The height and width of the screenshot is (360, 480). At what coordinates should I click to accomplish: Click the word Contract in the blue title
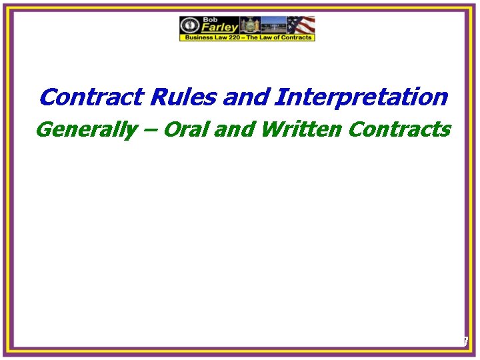pyautogui.click(x=92, y=97)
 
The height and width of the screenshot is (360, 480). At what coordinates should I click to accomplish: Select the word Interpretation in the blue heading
pyautogui.click(x=361, y=97)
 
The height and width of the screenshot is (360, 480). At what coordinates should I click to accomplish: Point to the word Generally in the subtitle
pyautogui.click(x=84, y=129)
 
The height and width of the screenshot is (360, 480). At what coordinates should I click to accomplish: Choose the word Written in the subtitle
pyautogui.click(x=299, y=129)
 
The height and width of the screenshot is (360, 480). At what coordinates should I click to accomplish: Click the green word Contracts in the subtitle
pyautogui.click(x=399, y=129)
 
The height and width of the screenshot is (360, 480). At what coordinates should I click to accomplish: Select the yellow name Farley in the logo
pyautogui.click(x=218, y=27)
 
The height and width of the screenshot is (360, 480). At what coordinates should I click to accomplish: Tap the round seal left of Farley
pyautogui.click(x=190, y=25)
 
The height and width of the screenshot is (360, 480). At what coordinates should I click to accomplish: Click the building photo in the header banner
pyautogui.click(x=274, y=25)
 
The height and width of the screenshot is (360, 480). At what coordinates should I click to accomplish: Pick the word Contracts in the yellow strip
pyautogui.click(x=295, y=38)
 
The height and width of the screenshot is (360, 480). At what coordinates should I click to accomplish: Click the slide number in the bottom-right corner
pyautogui.click(x=465, y=341)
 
